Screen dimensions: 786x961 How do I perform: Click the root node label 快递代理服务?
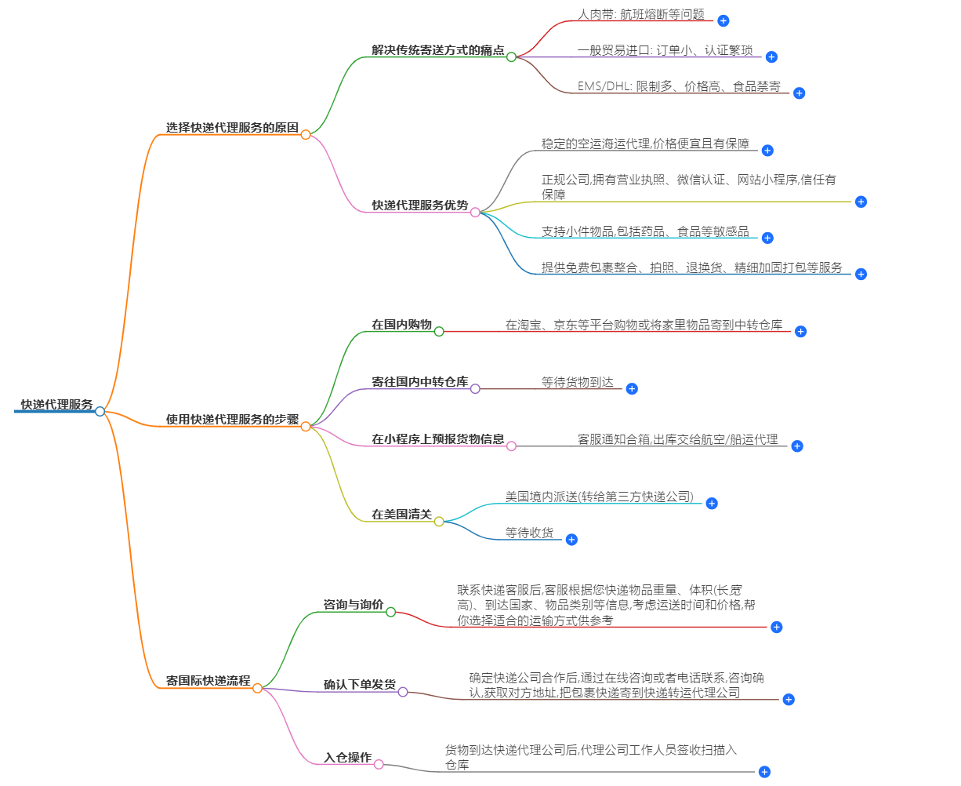56,405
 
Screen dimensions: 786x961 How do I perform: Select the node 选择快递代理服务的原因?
232,128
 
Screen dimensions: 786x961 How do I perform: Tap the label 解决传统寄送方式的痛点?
437,50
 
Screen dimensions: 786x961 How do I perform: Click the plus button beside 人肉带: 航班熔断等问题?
723,21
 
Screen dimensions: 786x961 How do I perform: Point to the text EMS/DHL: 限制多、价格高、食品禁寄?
679,86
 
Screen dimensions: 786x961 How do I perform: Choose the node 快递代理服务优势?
419,206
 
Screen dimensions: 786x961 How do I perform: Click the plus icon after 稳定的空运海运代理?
767,151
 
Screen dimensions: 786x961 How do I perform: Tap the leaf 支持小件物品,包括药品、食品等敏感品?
645,231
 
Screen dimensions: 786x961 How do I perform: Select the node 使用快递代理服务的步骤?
232,420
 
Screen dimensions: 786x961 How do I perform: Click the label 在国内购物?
401,325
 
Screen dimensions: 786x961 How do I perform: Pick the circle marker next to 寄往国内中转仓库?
475,388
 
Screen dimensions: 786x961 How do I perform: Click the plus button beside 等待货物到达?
632,388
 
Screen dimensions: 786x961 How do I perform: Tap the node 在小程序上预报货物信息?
437,439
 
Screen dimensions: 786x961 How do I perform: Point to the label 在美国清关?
401,515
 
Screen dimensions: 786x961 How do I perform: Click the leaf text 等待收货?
529,533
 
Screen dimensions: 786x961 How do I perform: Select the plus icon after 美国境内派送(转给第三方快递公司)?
712,504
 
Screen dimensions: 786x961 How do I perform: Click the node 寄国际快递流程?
208,681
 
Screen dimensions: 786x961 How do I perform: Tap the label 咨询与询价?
354,605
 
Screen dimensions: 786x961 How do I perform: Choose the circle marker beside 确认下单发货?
403,692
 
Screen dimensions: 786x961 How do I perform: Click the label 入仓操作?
347,758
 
